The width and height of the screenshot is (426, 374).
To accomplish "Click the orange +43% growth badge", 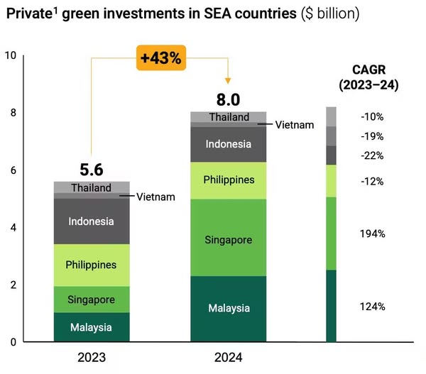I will point(161,59).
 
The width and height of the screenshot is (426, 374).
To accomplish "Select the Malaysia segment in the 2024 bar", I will point(229,309).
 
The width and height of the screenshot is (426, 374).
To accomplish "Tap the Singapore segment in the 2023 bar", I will point(91,299).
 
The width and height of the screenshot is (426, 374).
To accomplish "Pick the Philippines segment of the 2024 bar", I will point(229,180).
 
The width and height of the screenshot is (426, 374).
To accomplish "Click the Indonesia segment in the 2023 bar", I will point(91,221).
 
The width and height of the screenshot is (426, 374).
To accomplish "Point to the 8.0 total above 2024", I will point(229,99).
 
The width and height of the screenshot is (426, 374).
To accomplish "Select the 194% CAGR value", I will point(372,233).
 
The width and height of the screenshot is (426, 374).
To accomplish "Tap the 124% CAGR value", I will point(372,307).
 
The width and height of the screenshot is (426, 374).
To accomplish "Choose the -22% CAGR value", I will point(372,155).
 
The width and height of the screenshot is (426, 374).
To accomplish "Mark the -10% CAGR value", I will point(372,116).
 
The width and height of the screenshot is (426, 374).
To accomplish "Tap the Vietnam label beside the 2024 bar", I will point(295,125).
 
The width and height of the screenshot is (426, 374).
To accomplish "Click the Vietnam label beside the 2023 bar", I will point(155,196).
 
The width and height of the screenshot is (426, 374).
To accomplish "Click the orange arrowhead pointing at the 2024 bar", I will point(229,77).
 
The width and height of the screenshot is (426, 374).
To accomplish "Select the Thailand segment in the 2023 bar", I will point(91,188).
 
